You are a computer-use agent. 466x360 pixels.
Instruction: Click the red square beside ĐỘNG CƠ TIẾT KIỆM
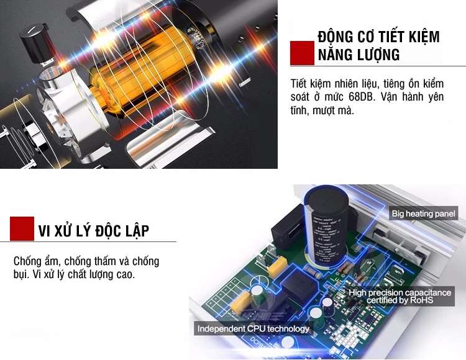pyautogui.click(x=303, y=53)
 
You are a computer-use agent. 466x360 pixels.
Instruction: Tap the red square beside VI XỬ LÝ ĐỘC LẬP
pyautogui.click(x=22, y=228)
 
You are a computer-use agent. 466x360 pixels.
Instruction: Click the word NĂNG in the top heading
pyautogui.click(x=335, y=55)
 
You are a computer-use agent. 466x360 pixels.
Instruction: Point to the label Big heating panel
pyautogui.click(x=424, y=214)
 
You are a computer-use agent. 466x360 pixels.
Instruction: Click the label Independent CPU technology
pyautogui.click(x=253, y=328)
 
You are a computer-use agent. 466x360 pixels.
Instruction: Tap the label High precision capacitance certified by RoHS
pyautogui.click(x=400, y=296)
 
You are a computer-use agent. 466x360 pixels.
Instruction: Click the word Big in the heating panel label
pyautogui.click(x=398, y=214)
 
